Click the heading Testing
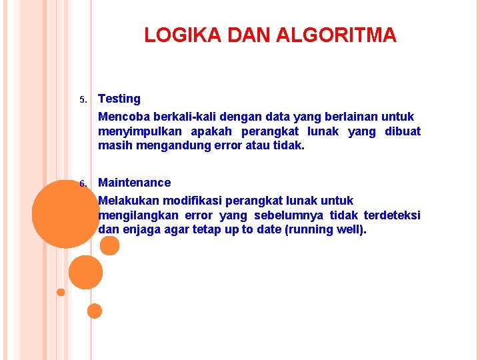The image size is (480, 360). click(x=119, y=99)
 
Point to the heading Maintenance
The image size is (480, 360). click(x=134, y=183)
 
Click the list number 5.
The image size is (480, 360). click(x=83, y=101)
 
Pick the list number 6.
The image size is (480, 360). click(x=83, y=184)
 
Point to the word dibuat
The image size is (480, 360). click(x=403, y=131)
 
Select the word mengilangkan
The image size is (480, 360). click(x=137, y=215)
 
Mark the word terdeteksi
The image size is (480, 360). click(x=392, y=215)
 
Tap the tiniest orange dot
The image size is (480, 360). click(x=61, y=292)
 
